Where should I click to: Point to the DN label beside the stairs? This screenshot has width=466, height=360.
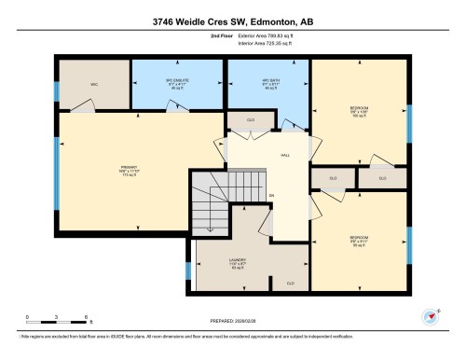[x=271, y=195]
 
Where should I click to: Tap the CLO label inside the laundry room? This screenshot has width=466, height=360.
[x=290, y=283]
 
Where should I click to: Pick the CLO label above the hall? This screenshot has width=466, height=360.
[x=252, y=120]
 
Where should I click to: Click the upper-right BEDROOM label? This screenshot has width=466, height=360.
[x=359, y=108]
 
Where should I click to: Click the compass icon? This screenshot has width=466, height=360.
[x=432, y=316]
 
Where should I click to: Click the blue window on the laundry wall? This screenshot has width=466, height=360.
[x=189, y=271]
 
